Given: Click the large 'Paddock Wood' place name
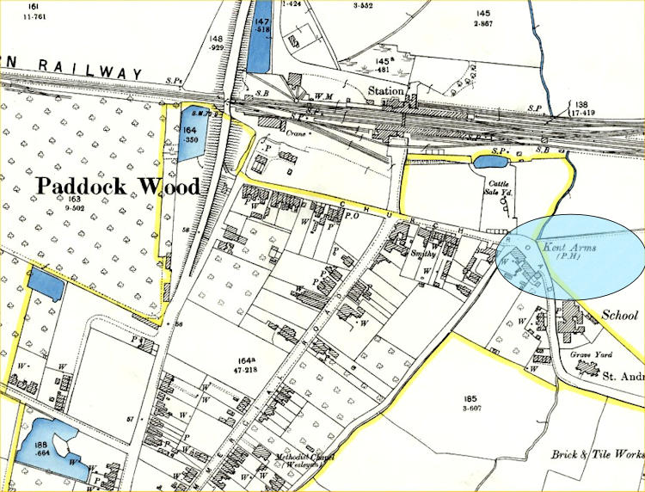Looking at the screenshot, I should (118, 186).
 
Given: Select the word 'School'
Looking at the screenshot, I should (623, 315).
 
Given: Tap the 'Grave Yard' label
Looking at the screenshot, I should (591, 354).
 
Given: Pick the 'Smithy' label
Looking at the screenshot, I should (425, 255).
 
